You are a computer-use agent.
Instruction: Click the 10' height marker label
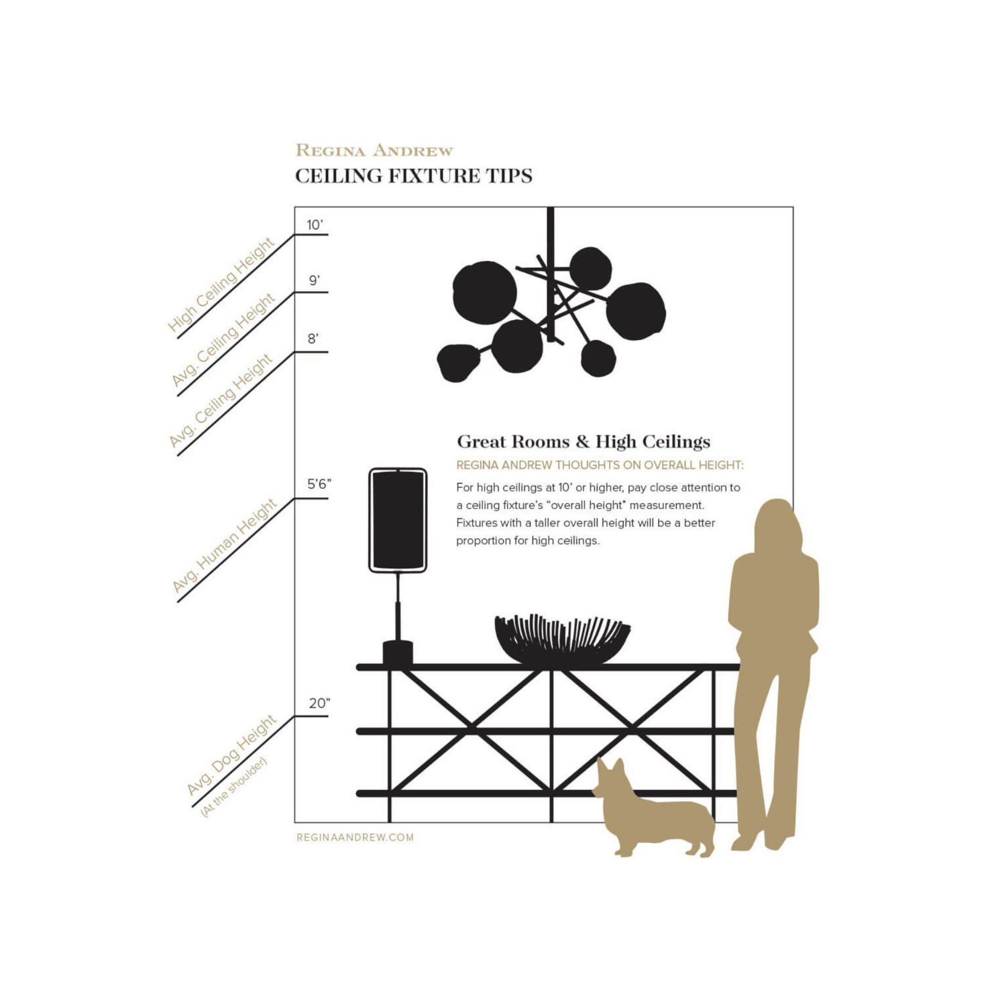(315, 225)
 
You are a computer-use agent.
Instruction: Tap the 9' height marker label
(314, 280)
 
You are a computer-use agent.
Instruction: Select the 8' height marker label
(313, 339)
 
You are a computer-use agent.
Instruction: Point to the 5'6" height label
(319, 484)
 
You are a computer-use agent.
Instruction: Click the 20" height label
(319, 703)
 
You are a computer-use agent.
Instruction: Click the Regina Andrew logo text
(374, 150)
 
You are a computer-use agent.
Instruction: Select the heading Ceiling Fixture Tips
(414, 176)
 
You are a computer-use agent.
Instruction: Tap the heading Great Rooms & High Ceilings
(583, 441)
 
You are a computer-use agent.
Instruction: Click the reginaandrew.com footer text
(355, 837)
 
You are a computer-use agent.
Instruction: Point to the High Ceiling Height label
(221, 284)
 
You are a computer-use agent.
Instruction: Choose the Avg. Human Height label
(225, 545)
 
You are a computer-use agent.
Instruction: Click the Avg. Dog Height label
(231, 754)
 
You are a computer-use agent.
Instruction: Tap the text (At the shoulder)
(234, 787)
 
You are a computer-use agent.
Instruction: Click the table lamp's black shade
(398, 520)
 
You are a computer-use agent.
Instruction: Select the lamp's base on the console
(398, 653)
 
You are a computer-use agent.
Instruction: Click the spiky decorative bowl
(562, 639)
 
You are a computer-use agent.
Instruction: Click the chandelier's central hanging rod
(551, 275)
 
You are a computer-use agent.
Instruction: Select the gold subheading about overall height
(600, 465)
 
